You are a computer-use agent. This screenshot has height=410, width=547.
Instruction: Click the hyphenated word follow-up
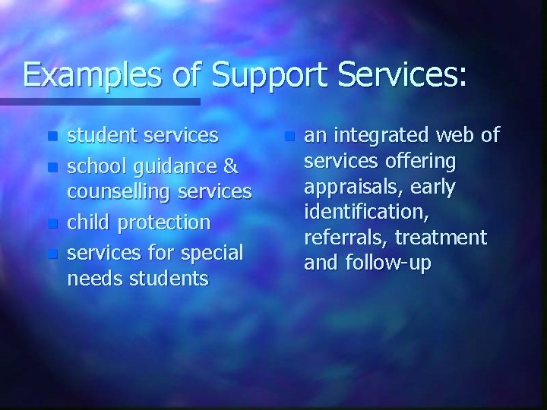[x=390, y=264]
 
